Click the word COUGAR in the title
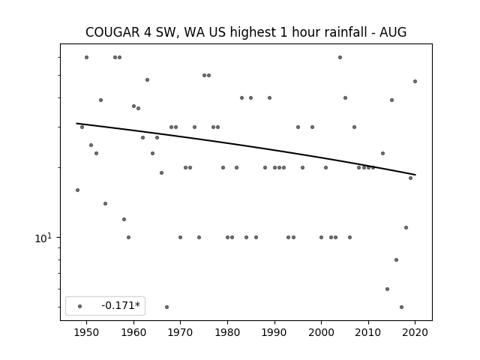pyautogui.click(x=112, y=32)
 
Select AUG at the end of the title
pyautogui.click(x=393, y=32)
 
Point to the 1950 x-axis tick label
pyautogui.click(x=86, y=332)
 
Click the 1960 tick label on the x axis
pyautogui.click(x=133, y=332)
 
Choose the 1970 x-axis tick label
pyautogui.click(x=180, y=332)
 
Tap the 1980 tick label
pyautogui.click(x=227, y=332)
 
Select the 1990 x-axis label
pyautogui.click(x=274, y=332)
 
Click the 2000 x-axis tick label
pyautogui.click(x=322, y=332)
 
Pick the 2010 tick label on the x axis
pyautogui.click(x=368, y=332)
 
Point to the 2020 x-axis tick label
pyautogui.click(x=415, y=332)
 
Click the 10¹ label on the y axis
pyautogui.click(x=43, y=238)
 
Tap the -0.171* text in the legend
pyautogui.click(x=121, y=305)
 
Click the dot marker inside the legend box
pyautogui.click(x=80, y=306)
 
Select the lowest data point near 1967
pyautogui.click(x=166, y=307)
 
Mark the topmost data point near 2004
pyautogui.click(x=340, y=57)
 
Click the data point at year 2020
pyautogui.click(x=415, y=82)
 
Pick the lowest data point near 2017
pyautogui.click(x=402, y=307)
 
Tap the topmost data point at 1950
pyautogui.click(x=87, y=57)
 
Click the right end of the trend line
pyautogui.click(x=415, y=175)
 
